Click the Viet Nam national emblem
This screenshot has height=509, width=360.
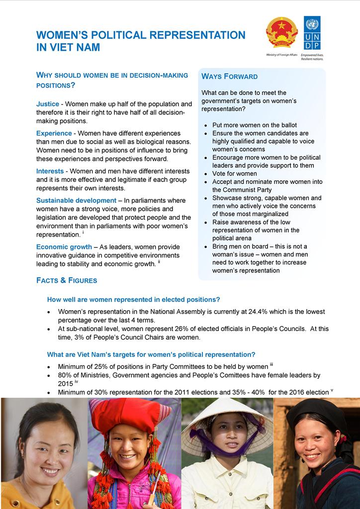(x=281, y=33)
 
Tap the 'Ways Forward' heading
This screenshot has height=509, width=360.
(x=229, y=77)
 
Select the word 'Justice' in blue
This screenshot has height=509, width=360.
(x=48, y=104)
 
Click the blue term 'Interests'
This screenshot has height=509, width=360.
(x=50, y=171)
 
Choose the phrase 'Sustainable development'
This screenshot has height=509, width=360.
(x=76, y=200)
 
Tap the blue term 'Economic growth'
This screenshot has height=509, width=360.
(x=64, y=247)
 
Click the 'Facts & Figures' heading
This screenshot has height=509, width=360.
(x=67, y=280)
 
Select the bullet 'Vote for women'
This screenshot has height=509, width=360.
(x=235, y=173)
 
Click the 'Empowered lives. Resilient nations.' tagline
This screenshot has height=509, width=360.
(x=312, y=56)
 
